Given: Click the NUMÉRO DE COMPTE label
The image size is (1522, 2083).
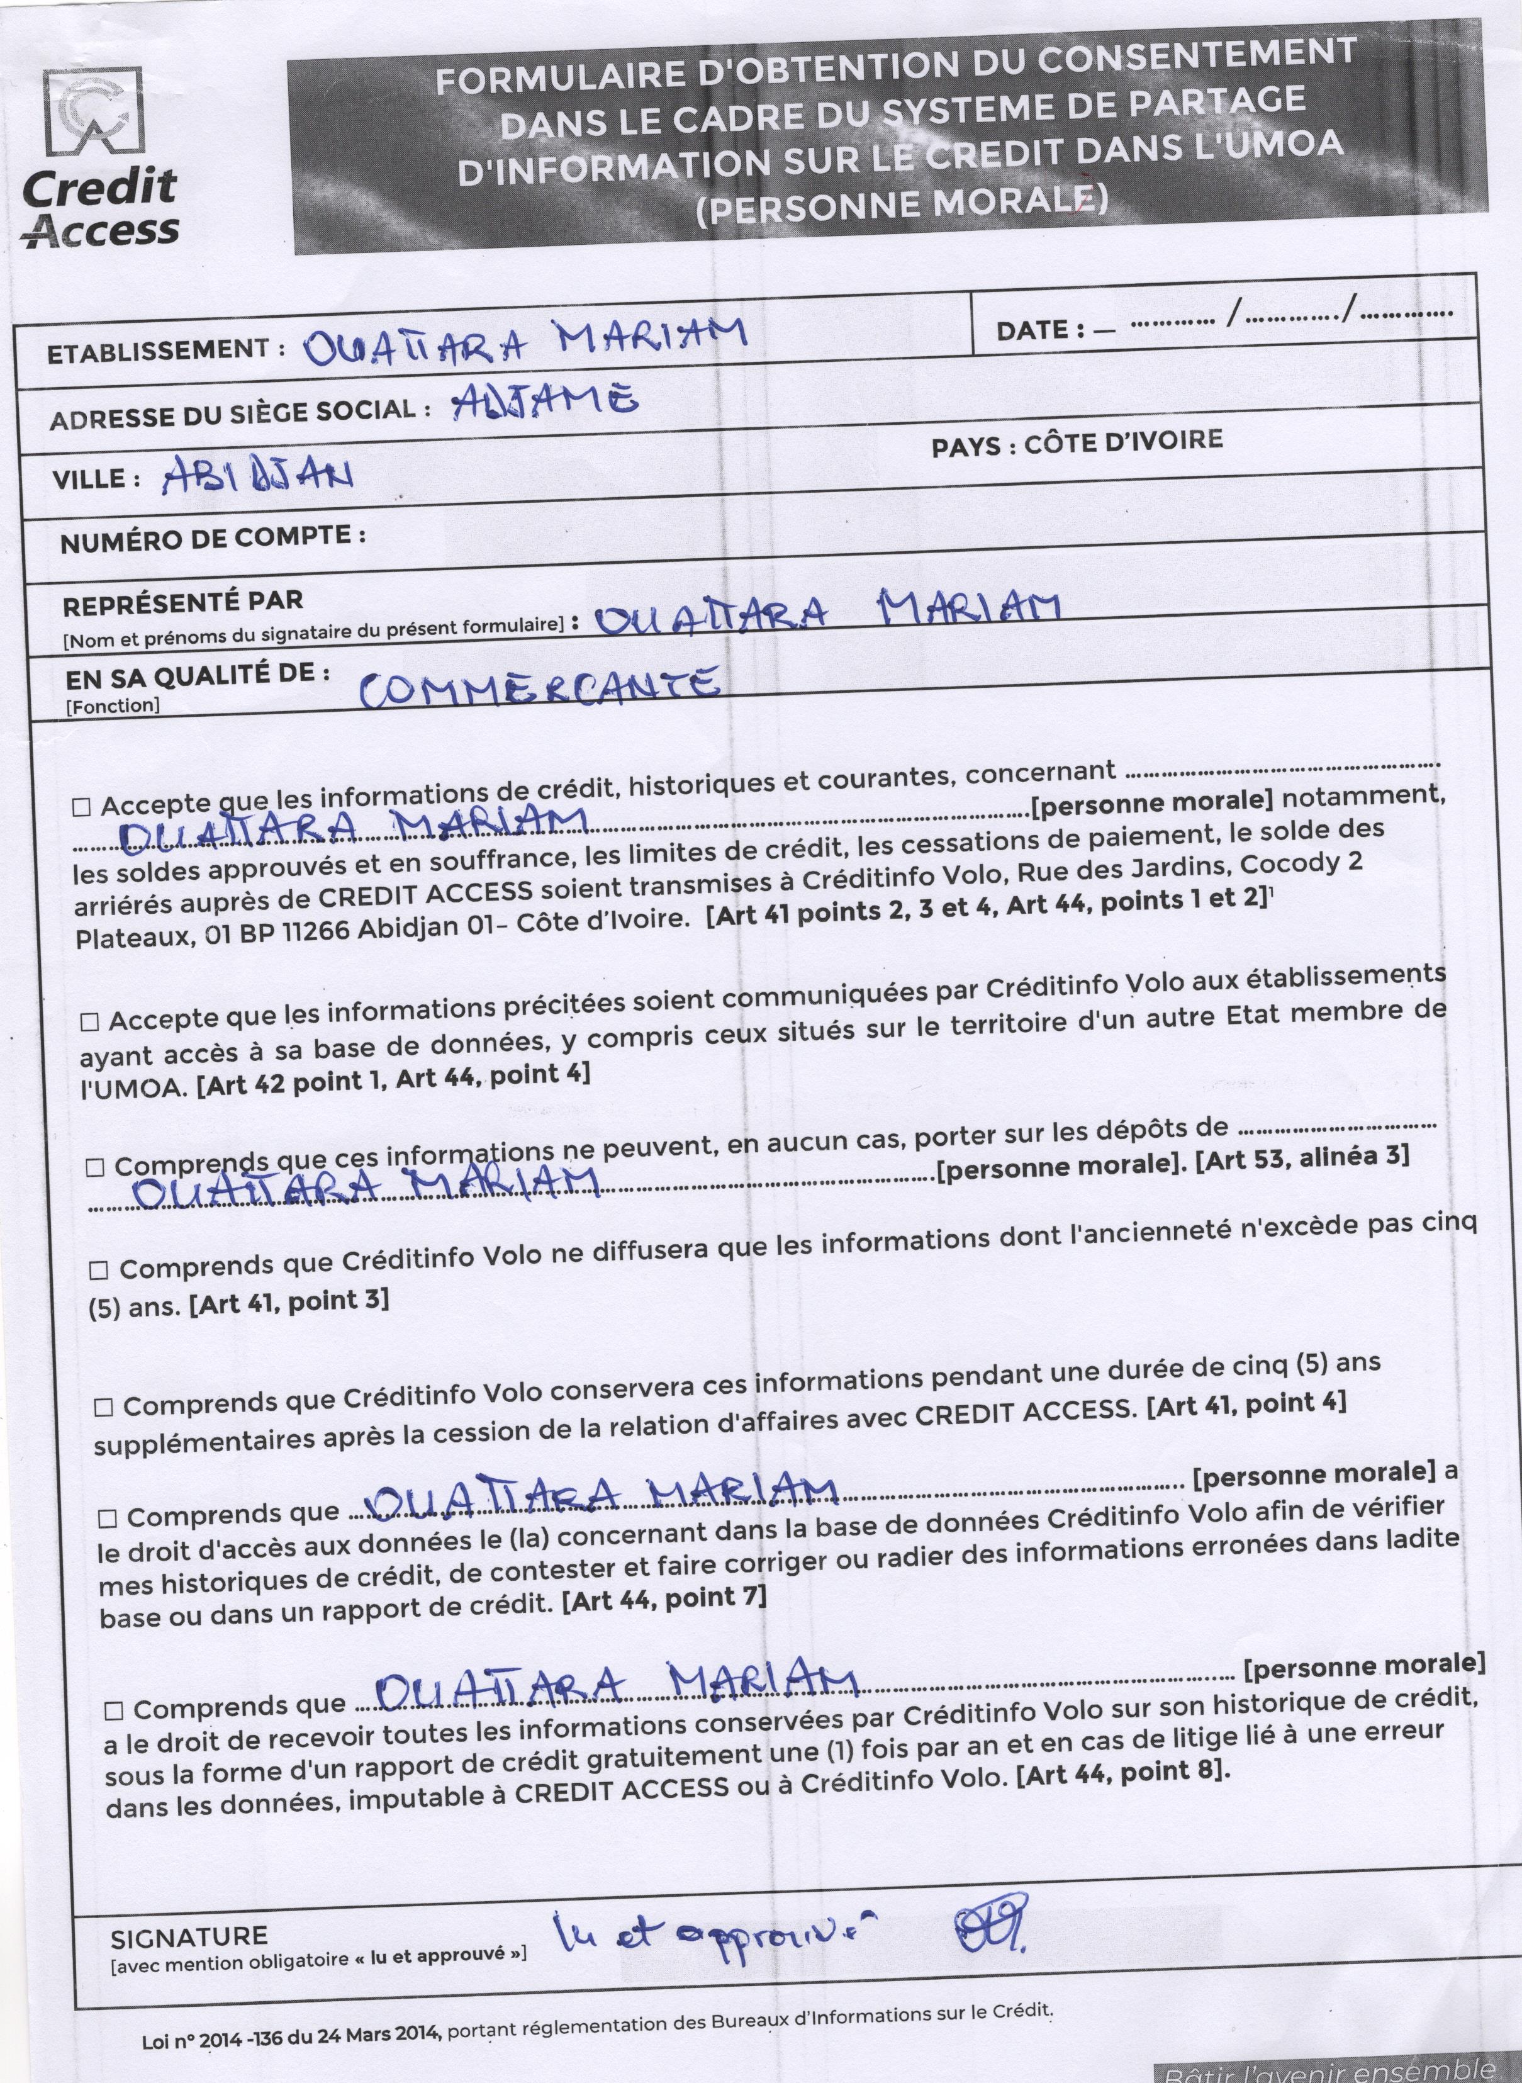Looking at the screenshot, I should [x=213, y=538].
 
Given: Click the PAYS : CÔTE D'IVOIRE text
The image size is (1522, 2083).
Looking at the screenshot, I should [x=1077, y=443].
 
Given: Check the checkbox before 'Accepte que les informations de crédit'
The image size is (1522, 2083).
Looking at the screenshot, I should [x=82, y=807].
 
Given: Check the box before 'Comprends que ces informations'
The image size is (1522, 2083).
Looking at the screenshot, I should [x=95, y=1167].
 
